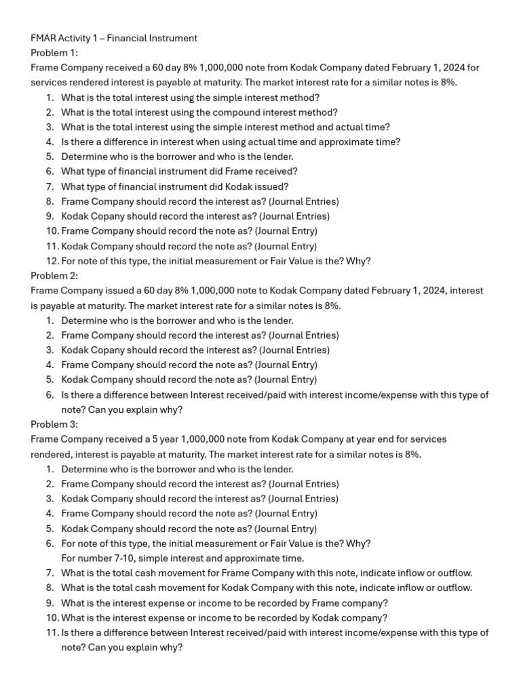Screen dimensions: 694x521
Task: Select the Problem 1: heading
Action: [54, 53]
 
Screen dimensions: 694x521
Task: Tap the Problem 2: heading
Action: [54, 276]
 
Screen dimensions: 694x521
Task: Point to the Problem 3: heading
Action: [54, 424]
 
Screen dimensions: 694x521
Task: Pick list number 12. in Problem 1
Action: [52, 261]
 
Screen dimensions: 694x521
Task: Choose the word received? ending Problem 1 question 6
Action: [275, 171]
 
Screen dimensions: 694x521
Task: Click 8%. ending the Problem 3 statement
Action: [412, 454]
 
